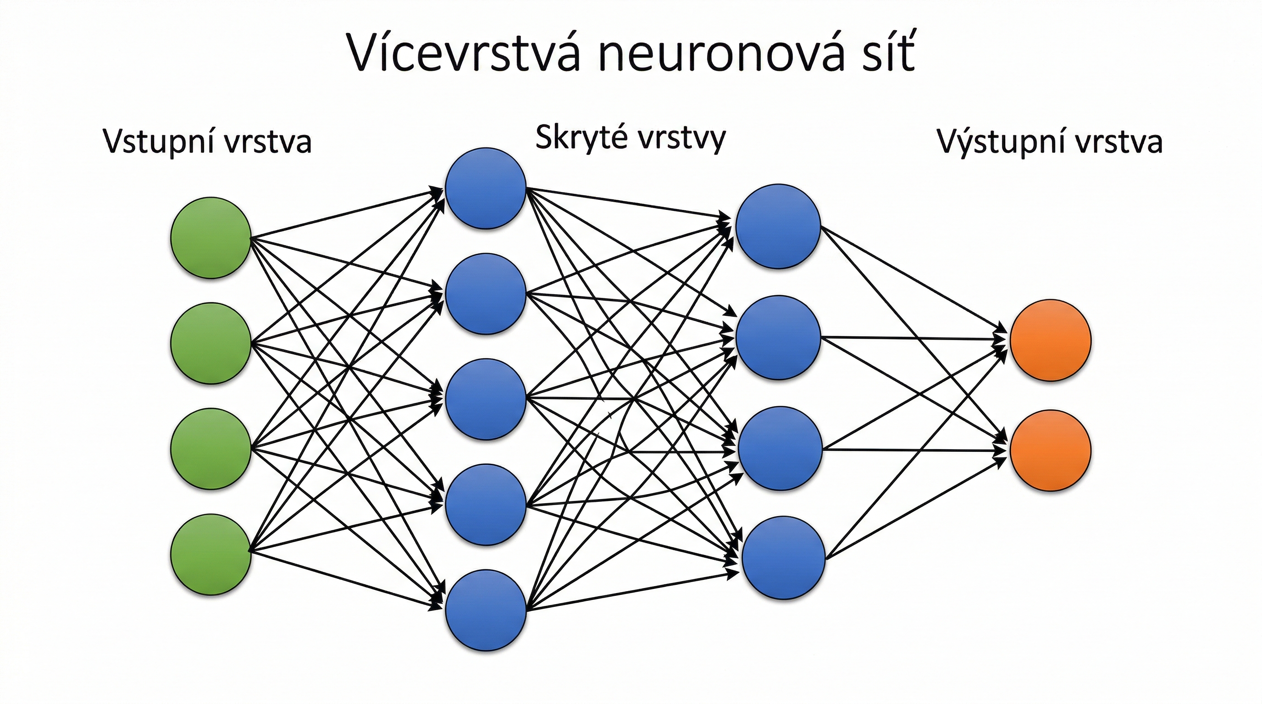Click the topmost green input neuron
[210, 238]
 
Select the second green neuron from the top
[210, 343]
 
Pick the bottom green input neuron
[210, 554]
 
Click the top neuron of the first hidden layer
[486, 188]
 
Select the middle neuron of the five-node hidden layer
[486, 399]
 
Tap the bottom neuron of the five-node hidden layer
[486, 610]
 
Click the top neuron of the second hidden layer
[778, 226]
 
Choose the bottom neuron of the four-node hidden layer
[783, 557]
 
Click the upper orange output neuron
[1050, 340]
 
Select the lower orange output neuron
[1050, 451]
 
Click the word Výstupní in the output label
[996, 142]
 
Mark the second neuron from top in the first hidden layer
[486, 294]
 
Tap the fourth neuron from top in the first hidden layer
[486, 504]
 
